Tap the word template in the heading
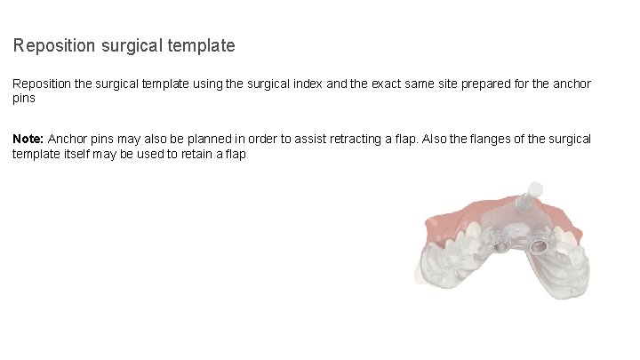coord(203,44)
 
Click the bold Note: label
coord(28,140)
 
